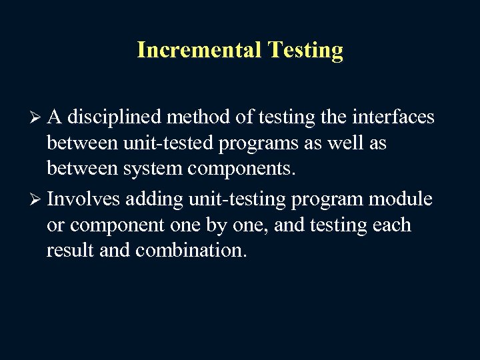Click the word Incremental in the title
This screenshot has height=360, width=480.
click(189, 51)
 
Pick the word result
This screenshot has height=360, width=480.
click(69, 252)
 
